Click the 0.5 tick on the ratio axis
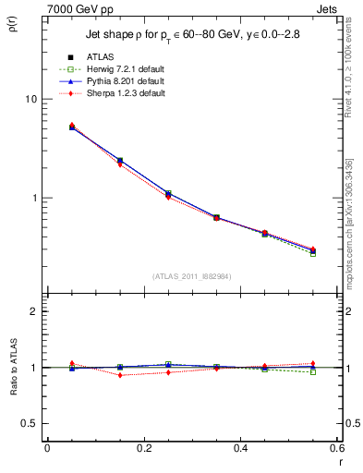[x=29, y=423]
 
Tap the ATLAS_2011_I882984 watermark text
[x=191, y=276]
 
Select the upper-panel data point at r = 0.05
[x=71, y=127]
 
